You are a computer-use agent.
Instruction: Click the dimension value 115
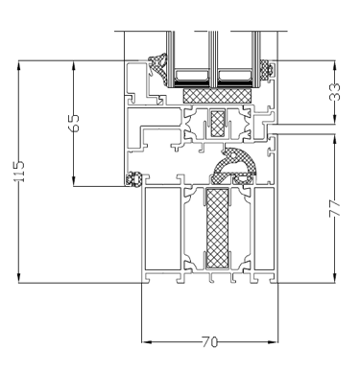click(19, 172)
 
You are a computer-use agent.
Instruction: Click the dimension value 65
click(74, 123)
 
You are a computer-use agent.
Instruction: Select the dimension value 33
click(335, 92)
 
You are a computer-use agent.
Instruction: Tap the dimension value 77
click(335, 209)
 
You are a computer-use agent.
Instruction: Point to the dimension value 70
click(209, 342)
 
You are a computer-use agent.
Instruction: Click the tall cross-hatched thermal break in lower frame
click(218, 228)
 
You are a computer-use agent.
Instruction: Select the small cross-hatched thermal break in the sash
click(218, 124)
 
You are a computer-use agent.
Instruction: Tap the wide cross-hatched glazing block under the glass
click(217, 96)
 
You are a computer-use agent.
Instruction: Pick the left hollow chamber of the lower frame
click(163, 229)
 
